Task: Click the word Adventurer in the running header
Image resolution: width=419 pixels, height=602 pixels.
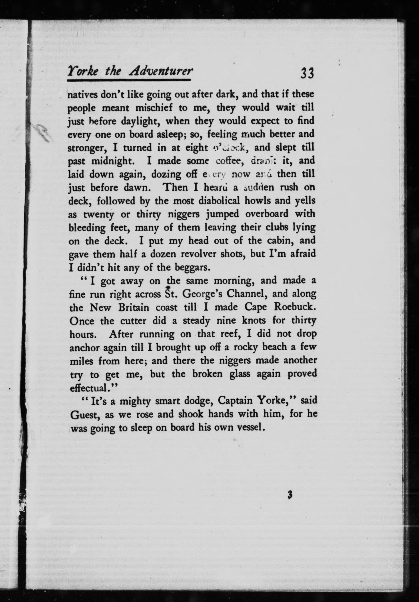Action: [160, 71]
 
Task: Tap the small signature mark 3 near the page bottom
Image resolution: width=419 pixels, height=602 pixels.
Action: [289, 495]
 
